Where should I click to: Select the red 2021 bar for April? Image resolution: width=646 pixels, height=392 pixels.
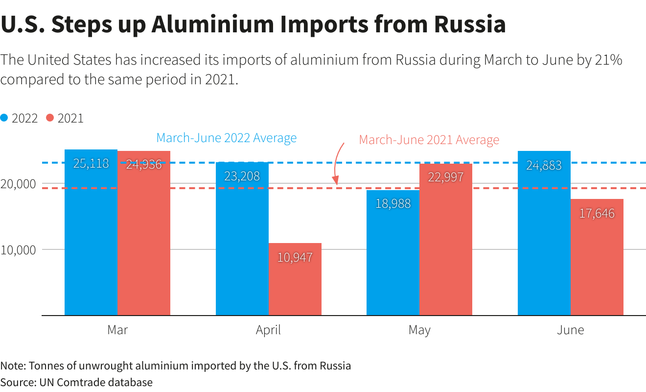pos(295,279)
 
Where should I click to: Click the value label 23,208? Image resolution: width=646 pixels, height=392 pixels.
pos(242,176)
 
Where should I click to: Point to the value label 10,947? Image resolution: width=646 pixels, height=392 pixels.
pos(295,257)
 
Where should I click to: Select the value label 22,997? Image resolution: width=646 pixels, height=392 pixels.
pos(446,177)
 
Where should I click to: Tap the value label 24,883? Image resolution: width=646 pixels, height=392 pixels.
pos(544,166)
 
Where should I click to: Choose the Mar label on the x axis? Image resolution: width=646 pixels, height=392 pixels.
pos(117,330)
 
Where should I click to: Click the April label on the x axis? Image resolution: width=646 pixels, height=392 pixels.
pos(268,330)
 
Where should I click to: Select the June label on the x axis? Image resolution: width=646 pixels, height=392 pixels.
pos(570,330)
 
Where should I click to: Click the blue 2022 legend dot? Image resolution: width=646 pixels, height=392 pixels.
pos(4,118)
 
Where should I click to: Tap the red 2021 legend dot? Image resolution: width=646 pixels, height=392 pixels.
pos(50,118)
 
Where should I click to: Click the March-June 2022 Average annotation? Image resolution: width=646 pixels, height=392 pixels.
pos(226,138)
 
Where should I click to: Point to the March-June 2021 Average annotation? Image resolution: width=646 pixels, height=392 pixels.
pos(429,140)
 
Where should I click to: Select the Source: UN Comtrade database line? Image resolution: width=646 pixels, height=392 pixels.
pos(76,382)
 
